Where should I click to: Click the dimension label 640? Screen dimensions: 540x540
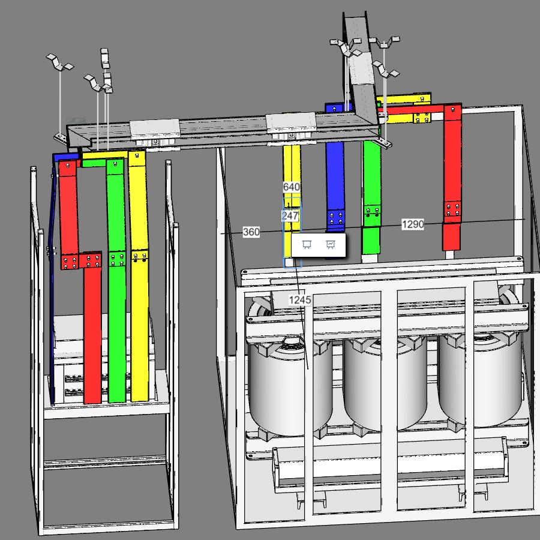click(292, 187)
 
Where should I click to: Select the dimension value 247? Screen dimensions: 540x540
click(290, 216)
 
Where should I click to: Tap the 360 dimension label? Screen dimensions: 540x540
click(251, 232)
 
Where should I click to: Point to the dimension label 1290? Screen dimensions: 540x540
click(413, 224)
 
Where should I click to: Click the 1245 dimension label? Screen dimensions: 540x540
click(299, 300)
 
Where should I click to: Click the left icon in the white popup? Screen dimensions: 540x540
click(307, 245)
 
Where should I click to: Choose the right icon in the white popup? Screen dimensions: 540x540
click(330, 245)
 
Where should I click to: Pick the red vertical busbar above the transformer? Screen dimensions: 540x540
click(452, 178)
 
